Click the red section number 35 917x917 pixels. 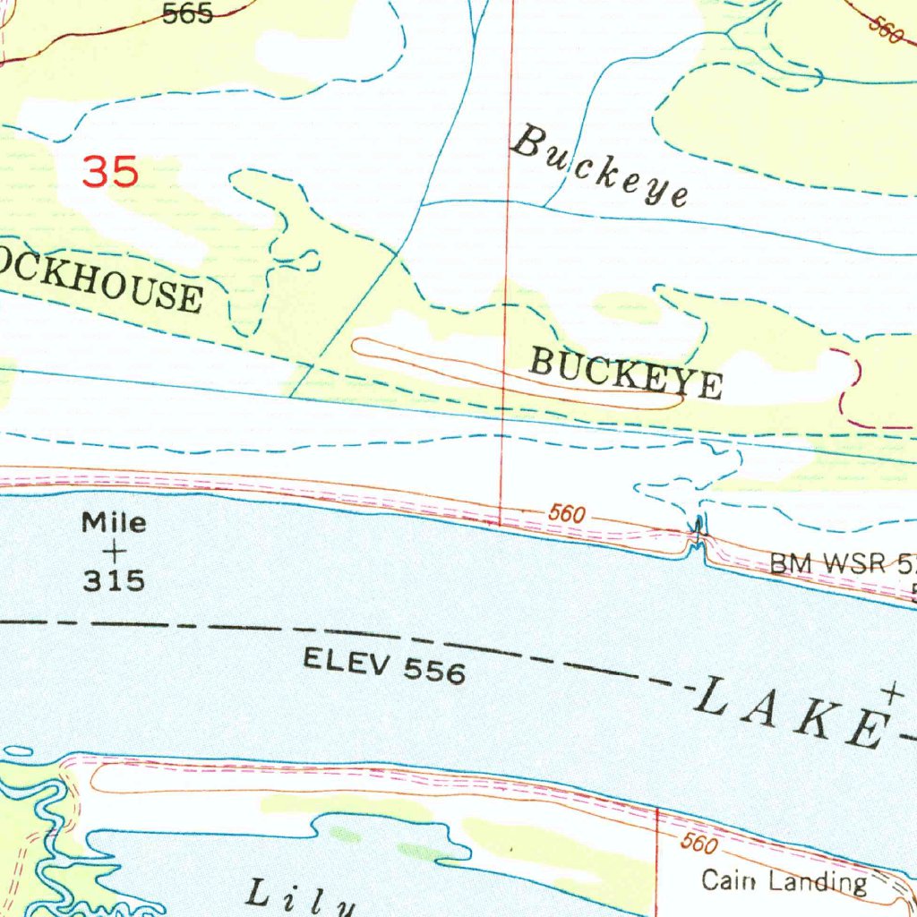110,170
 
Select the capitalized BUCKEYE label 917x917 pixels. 625,373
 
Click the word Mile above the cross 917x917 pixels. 114,522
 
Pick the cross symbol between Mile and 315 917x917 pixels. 114,552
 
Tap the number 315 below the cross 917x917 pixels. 114,581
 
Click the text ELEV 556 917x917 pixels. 384,665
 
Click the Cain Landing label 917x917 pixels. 784,881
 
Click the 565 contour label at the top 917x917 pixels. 187,13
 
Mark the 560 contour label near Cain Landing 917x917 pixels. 699,844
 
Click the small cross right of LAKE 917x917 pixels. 892,692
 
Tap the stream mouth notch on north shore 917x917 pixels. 697,539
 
